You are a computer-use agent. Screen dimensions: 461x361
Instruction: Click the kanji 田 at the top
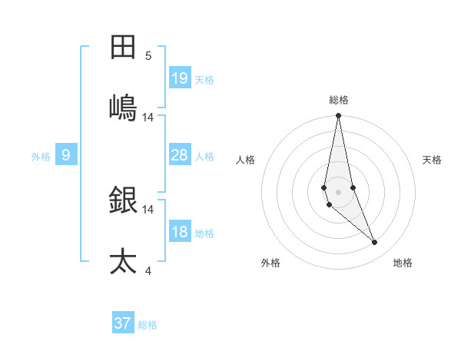(123, 48)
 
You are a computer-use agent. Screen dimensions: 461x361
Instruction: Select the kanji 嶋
(123, 107)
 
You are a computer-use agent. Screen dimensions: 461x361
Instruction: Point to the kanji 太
(123, 261)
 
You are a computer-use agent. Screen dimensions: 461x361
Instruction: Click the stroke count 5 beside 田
(148, 56)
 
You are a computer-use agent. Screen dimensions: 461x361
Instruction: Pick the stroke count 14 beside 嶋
(148, 118)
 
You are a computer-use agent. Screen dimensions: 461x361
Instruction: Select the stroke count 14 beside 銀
(148, 209)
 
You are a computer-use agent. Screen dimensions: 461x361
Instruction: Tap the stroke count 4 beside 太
(148, 270)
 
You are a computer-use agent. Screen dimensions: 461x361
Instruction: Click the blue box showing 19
(180, 78)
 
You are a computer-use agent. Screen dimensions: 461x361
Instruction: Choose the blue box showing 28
(180, 155)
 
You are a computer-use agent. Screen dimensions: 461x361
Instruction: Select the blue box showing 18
(180, 232)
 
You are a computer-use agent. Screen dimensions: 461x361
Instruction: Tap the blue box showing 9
(66, 155)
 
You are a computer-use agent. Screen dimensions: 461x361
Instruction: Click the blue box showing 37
(123, 323)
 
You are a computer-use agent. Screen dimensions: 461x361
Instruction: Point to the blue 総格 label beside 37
(148, 325)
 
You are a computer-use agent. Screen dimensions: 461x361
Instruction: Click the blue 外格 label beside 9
(41, 157)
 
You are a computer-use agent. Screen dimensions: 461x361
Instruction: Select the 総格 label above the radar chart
(339, 100)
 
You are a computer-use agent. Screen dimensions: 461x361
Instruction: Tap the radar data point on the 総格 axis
(338, 116)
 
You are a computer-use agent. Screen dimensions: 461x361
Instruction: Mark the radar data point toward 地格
(375, 243)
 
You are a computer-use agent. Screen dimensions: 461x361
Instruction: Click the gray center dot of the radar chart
(338, 191)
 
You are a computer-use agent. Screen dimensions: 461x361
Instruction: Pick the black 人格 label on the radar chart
(245, 160)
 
